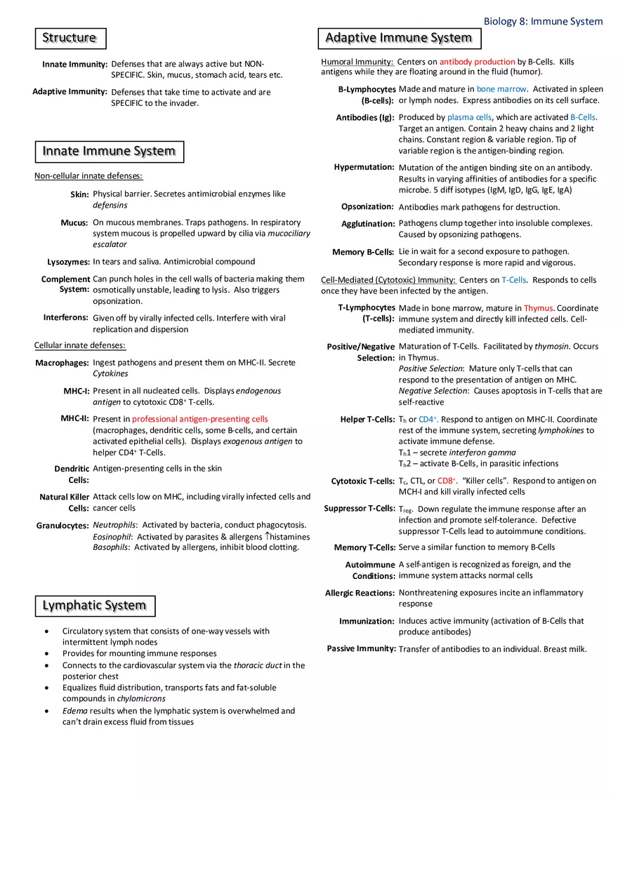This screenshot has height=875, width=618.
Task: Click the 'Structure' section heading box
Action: (x=70, y=38)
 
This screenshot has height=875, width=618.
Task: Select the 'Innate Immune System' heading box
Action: (x=109, y=152)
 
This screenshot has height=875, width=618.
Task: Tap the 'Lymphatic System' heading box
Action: (x=95, y=606)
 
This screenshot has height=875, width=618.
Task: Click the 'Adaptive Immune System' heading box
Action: (x=399, y=38)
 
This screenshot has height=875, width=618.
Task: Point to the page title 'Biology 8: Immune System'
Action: (x=543, y=22)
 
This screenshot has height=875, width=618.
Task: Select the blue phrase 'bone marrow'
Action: (x=501, y=89)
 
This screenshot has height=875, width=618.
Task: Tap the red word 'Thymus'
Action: (x=538, y=308)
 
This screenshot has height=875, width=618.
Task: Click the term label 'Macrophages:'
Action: (x=63, y=363)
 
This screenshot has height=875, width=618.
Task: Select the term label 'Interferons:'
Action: (x=66, y=318)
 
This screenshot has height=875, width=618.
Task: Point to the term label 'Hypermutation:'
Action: (x=364, y=168)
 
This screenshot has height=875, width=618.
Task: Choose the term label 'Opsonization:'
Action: (x=367, y=207)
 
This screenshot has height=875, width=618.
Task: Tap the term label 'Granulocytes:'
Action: (x=63, y=526)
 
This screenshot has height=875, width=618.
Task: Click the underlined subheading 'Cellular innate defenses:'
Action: (x=80, y=345)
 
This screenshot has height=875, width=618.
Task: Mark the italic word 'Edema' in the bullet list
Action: (x=74, y=711)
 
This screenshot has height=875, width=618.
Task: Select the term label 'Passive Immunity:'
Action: (x=361, y=649)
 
